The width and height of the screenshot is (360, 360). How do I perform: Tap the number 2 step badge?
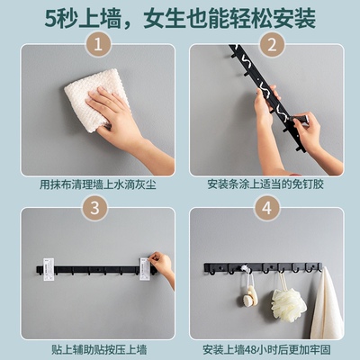[x=267, y=44]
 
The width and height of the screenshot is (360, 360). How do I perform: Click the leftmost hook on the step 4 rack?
[x=231, y=270]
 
